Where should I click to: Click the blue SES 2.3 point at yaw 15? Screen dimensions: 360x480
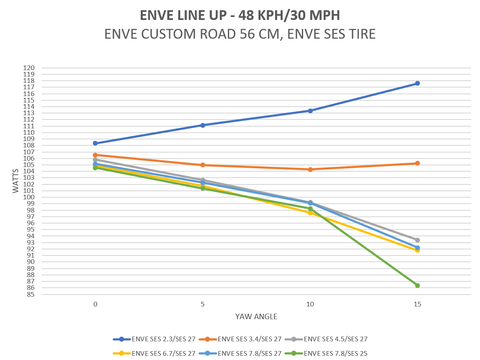417,83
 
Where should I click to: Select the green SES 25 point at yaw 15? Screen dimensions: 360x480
417,285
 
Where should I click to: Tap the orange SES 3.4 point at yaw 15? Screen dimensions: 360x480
417,163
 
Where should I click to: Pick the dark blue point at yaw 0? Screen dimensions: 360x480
95,143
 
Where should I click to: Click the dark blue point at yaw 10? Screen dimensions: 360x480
310,110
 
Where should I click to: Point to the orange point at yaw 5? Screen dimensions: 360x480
203,165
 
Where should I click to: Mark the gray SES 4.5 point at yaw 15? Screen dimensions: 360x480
417,240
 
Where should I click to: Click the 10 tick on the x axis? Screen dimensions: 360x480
310,303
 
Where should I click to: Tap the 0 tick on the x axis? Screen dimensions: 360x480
95,303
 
